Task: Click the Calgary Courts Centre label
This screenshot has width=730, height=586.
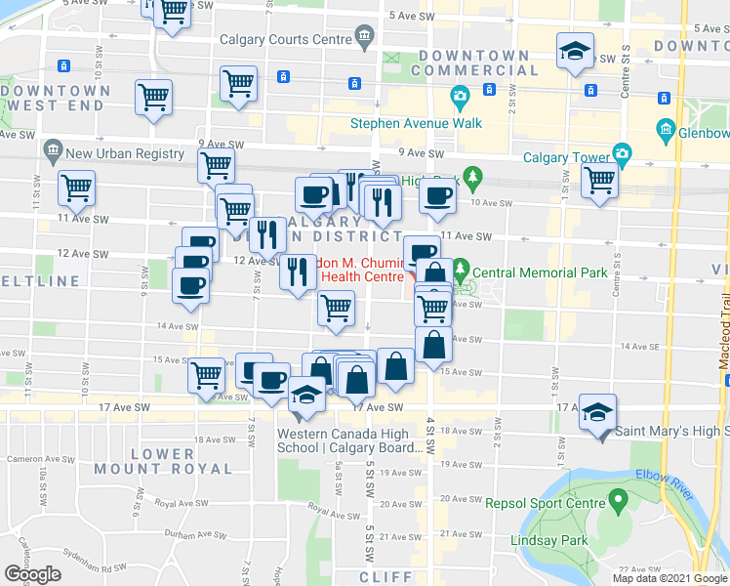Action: coord(284,39)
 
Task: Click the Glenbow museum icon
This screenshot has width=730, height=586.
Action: coord(668,129)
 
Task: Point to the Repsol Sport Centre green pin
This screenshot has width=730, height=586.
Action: coord(617,502)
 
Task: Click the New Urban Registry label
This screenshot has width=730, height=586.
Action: coord(125,153)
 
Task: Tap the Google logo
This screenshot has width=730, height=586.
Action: coord(32,574)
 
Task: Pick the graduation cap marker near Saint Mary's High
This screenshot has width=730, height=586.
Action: coord(594,414)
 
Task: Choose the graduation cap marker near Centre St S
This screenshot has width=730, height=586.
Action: coord(575,52)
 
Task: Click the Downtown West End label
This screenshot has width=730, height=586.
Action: coord(57,98)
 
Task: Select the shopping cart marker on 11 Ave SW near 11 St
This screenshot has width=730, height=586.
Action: coord(75,188)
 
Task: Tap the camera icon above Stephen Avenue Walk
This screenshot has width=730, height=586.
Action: coord(459,97)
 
